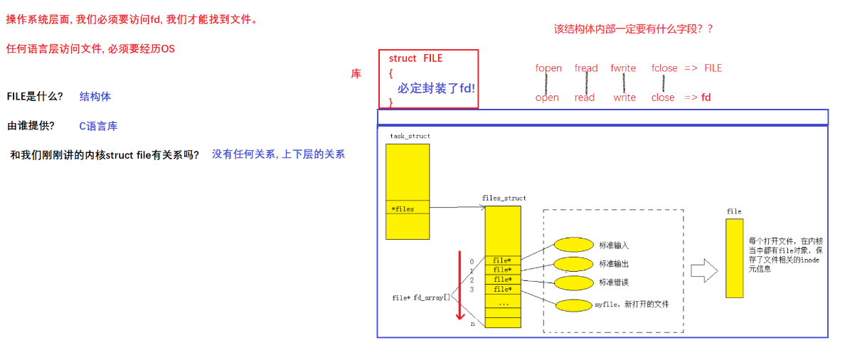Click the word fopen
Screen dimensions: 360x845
pyautogui.click(x=548, y=68)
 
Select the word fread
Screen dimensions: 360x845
pyautogui.click(x=586, y=68)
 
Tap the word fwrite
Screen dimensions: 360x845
pyautogui.click(x=623, y=68)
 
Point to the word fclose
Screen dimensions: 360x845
pyautogui.click(x=664, y=68)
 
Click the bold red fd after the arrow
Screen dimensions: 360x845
pyautogui.click(x=706, y=97)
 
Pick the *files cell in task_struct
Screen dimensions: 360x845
pyautogui.click(x=408, y=209)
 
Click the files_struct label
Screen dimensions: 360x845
pyautogui.click(x=504, y=198)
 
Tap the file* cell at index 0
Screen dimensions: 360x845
pyautogui.click(x=502, y=260)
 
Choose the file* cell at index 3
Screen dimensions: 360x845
pyautogui.click(x=502, y=289)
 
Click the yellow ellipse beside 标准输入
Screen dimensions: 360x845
pyautogui.click(x=573, y=245)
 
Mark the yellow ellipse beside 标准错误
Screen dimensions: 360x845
pyautogui.click(x=573, y=282)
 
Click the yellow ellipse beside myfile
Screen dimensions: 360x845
pyautogui.click(x=573, y=305)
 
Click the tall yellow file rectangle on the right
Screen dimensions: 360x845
pyautogui.click(x=734, y=258)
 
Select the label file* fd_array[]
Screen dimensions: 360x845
pyautogui.click(x=421, y=297)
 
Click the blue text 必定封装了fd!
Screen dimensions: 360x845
pyautogui.click(x=436, y=88)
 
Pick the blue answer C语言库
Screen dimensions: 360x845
pyautogui.click(x=98, y=126)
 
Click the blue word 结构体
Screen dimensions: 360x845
pyautogui.click(x=95, y=96)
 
